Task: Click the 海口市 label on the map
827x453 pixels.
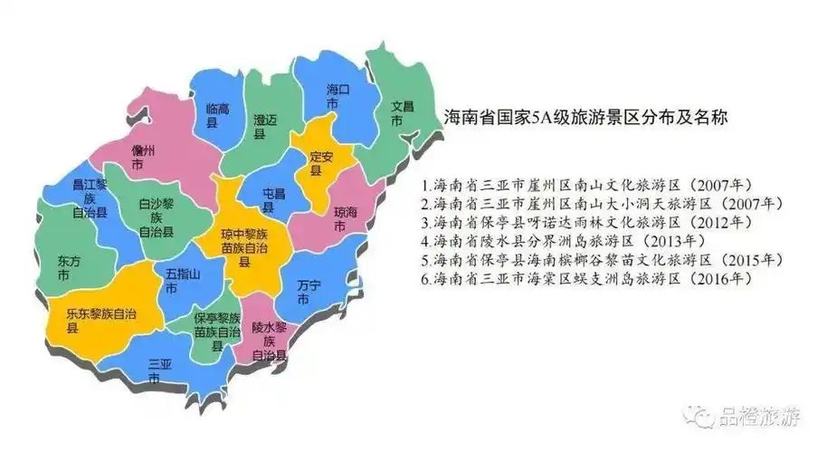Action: (x=337, y=98)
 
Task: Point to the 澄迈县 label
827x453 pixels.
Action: (x=263, y=126)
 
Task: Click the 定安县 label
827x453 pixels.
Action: (x=321, y=163)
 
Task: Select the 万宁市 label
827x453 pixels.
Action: (x=308, y=292)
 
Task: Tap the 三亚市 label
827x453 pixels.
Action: (x=158, y=371)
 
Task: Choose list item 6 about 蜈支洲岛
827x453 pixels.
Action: (x=598, y=279)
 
